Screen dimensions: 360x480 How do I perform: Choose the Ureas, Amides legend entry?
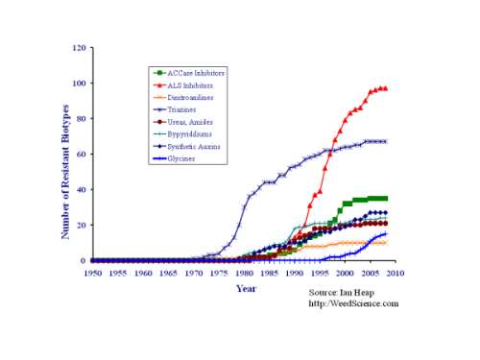188,122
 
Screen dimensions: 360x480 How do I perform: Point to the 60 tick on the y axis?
83,155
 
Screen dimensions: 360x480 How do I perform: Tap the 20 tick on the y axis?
83,225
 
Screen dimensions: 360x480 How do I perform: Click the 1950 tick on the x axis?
92,273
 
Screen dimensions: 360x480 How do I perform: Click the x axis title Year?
246,288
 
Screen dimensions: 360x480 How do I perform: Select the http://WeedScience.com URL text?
353,303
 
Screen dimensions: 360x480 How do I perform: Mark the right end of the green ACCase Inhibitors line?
385,198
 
